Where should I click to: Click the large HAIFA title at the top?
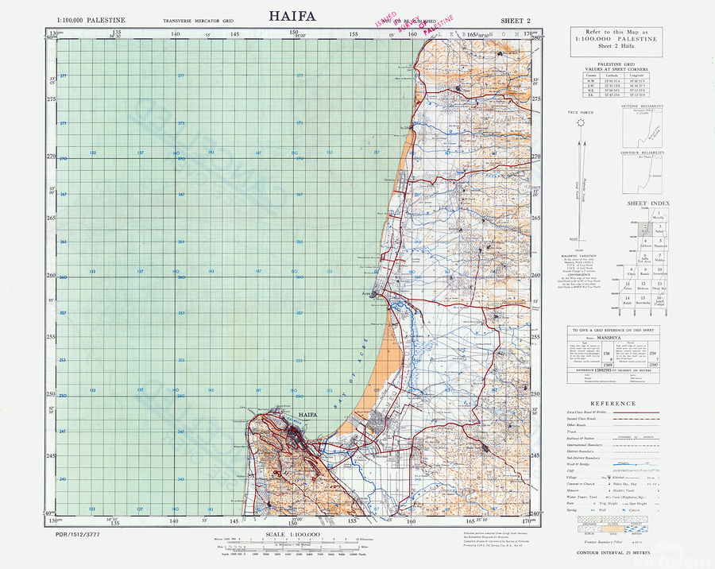(x=293, y=15)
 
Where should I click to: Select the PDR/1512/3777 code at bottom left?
(x=78, y=536)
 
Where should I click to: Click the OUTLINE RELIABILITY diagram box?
(x=651, y=125)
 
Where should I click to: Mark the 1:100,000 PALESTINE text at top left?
(x=91, y=19)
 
